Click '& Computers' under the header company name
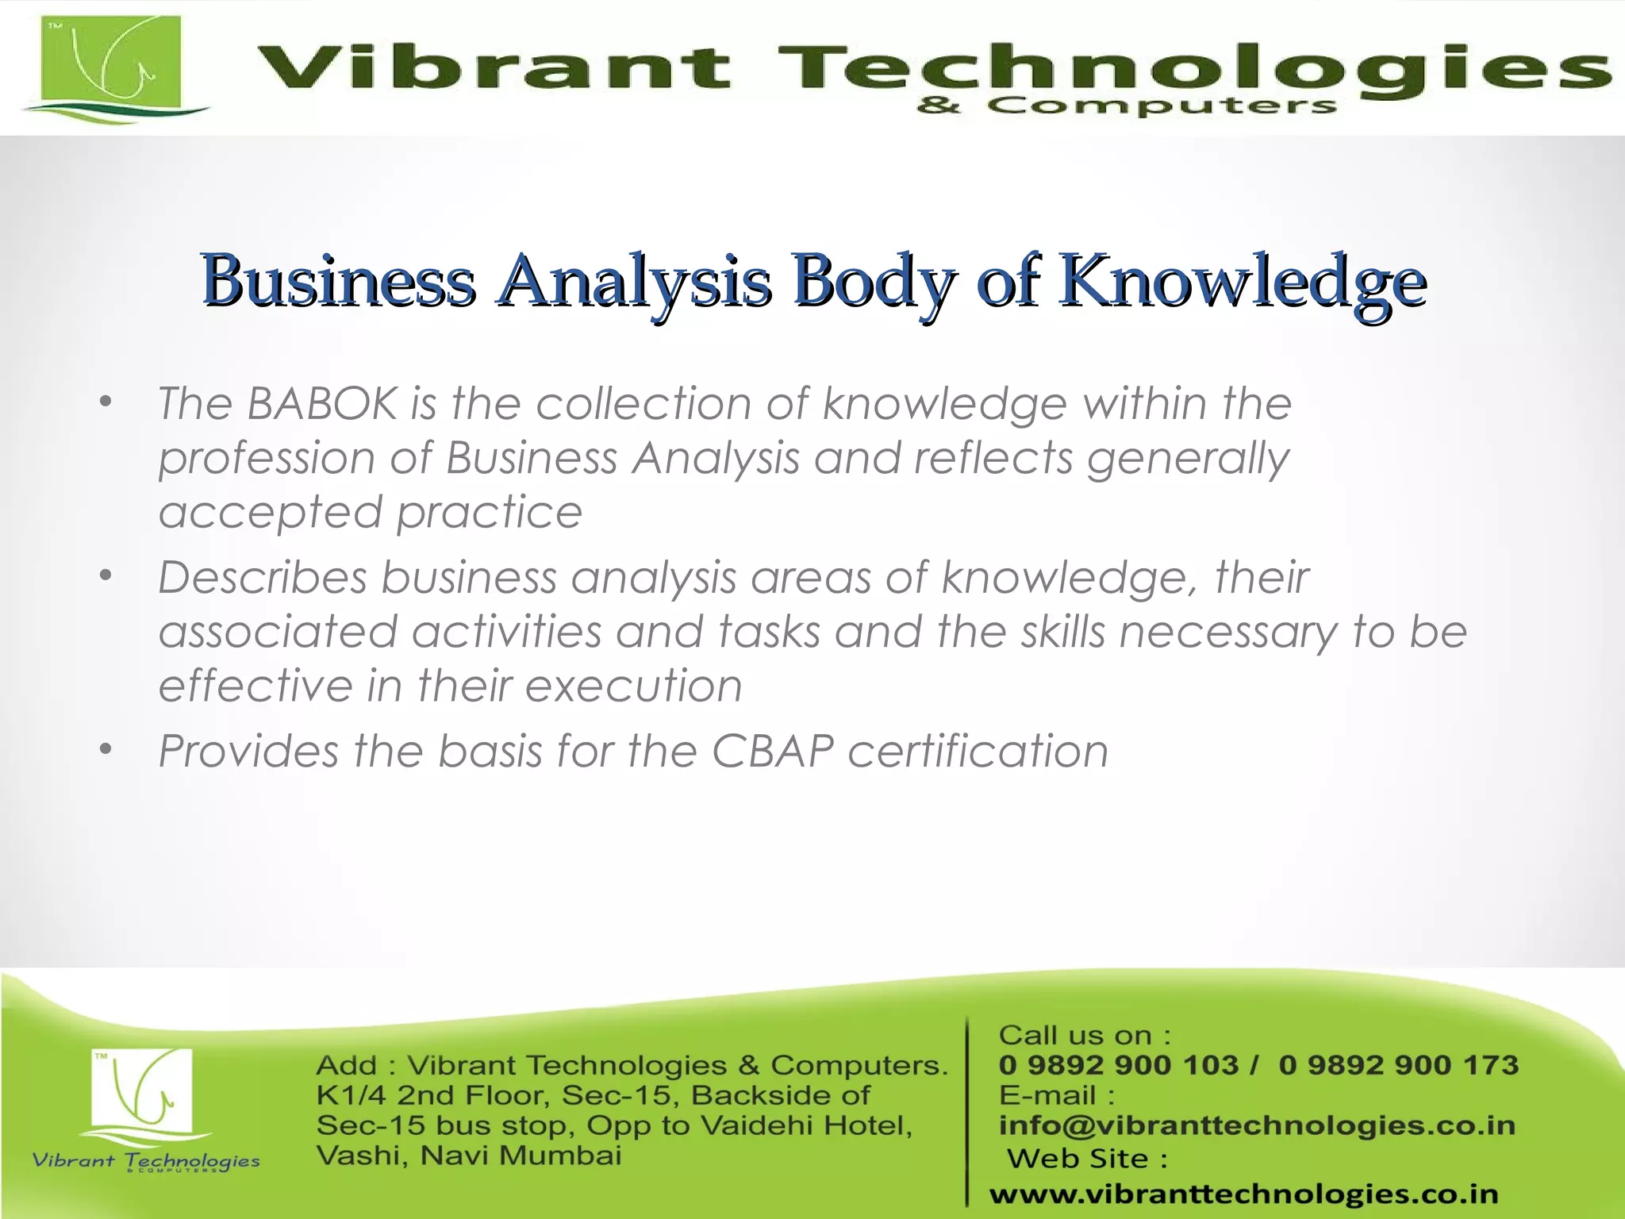(x=1127, y=106)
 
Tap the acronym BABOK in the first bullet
(x=321, y=403)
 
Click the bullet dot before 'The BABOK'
(x=106, y=402)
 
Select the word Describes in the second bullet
(x=263, y=577)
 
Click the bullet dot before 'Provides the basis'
(x=106, y=750)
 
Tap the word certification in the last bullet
(x=978, y=751)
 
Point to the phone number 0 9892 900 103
(x=1118, y=1065)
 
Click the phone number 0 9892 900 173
(x=1399, y=1065)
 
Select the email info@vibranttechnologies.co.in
(x=1257, y=1125)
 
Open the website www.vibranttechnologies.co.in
(x=1243, y=1194)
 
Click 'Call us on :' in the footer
(x=1085, y=1035)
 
